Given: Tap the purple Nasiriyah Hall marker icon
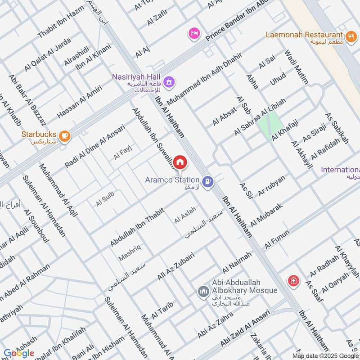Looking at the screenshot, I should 169,82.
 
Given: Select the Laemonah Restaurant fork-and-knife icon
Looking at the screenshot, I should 351,36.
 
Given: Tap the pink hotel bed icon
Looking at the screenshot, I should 194,34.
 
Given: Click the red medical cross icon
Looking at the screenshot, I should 293,281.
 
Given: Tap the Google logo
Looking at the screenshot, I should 19,353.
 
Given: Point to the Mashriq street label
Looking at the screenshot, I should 130,252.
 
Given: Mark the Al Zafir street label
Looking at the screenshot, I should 157,18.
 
